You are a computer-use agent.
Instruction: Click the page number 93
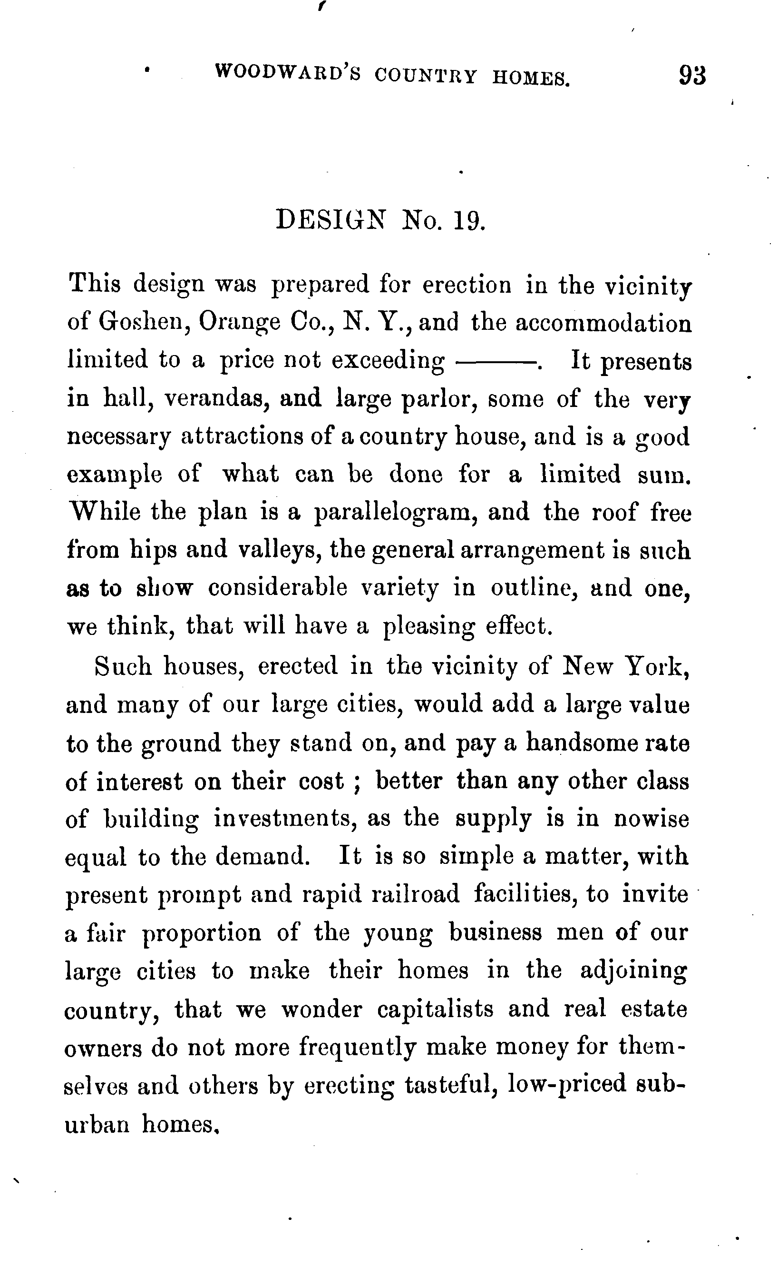tap(692, 76)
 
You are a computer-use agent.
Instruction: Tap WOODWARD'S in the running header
tap(288, 73)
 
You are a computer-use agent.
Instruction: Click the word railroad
tap(415, 895)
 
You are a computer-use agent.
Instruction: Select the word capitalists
tap(435, 1010)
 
